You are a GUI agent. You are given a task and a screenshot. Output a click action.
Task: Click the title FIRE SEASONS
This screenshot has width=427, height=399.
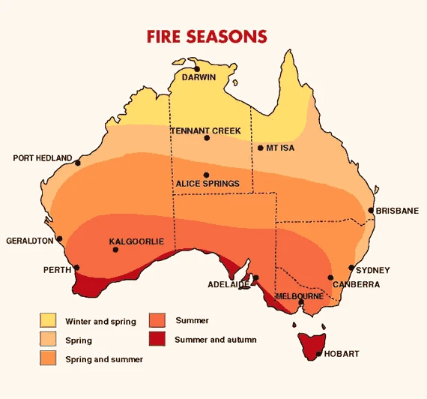208,36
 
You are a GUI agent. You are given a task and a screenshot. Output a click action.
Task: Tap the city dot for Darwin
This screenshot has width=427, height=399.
197,68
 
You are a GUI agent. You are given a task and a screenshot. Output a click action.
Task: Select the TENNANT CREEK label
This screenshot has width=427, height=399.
206,130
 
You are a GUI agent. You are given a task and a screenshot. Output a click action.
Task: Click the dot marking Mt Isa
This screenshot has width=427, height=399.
260,148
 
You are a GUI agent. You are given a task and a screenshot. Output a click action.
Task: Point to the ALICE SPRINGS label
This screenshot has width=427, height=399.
208,183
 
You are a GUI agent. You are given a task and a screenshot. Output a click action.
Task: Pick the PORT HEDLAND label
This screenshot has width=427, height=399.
43,158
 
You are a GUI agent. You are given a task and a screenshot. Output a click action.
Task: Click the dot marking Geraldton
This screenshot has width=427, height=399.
59,240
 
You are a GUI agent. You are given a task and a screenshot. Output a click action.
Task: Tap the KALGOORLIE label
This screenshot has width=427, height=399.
136,241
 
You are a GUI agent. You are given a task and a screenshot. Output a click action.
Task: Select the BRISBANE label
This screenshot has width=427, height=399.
397,211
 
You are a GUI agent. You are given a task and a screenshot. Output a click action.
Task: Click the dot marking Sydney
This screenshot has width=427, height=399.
351,267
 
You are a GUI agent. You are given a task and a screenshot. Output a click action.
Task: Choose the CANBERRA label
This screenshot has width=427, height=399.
357,284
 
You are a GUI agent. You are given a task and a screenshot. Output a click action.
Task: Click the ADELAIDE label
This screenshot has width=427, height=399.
228,285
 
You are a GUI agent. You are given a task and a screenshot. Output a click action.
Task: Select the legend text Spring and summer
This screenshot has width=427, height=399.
104,359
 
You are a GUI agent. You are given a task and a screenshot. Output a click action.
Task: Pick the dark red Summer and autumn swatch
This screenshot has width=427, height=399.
157,339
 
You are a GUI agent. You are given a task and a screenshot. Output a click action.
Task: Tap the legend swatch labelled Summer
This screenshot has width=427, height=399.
157,320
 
